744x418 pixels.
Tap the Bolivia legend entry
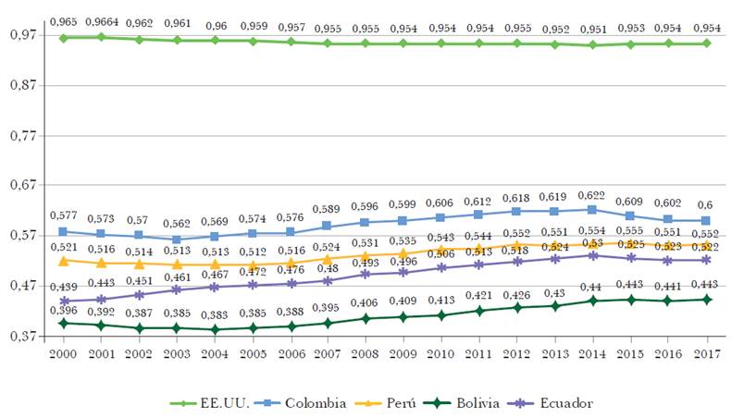pyautogui.click(x=468, y=402)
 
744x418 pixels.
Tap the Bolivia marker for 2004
pyautogui.click(x=215, y=329)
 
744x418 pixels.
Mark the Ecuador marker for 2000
pyautogui.click(x=63, y=301)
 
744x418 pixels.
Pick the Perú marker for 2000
pyautogui.click(x=63, y=261)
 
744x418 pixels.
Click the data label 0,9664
pyautogui.click(x=101, y=21)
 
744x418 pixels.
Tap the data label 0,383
pyautogui.click(x=215, y=315)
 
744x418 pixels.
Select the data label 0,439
pyautogui.click(x=63, y=287)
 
